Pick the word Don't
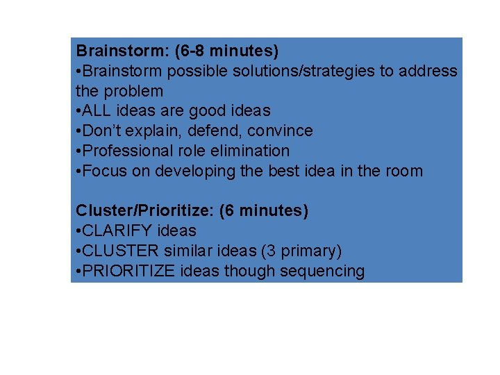102,131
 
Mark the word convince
276,131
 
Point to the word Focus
102,171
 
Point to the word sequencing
322,271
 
